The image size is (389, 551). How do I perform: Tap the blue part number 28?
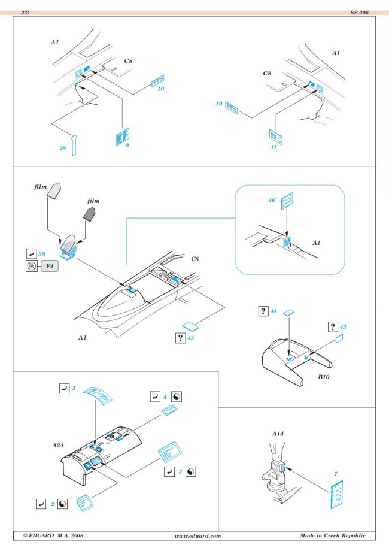tap(62, 148)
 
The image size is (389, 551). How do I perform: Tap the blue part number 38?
tap(42, 254)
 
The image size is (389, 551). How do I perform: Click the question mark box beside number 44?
tap(263, 311)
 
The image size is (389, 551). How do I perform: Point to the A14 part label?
tap(278, 432)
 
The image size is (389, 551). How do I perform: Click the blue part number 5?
tap(74, 388)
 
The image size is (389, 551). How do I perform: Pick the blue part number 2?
tap(53, 504)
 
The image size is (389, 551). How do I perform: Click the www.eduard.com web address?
tap(198, 536)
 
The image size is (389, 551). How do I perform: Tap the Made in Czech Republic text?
tap(332, 535)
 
